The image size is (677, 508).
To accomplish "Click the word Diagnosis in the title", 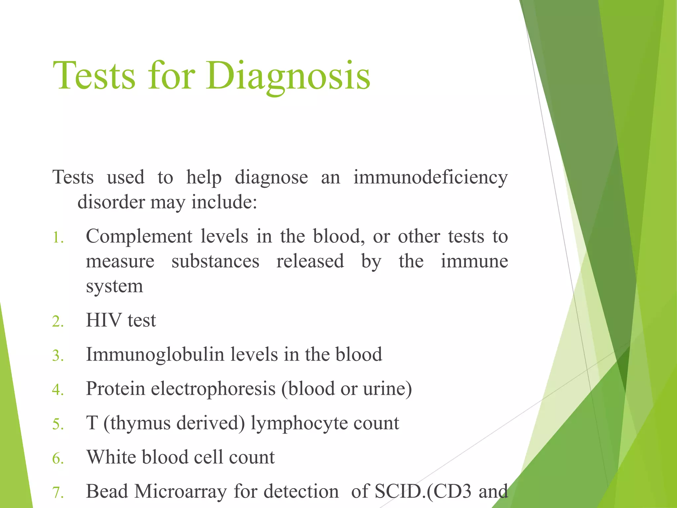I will (288, 76).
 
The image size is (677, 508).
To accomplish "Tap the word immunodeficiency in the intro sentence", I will (430, 178).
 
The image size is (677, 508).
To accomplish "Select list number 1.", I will (58, 238).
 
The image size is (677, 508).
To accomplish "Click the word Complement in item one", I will (139, 237).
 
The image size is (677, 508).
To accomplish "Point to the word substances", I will (215, 261).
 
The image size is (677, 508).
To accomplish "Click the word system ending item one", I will (114, 286).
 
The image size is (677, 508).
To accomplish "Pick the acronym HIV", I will (103, 320).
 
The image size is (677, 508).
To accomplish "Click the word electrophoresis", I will (213, 389).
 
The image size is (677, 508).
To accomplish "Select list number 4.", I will (58, 390).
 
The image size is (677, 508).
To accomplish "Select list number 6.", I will (58, 459).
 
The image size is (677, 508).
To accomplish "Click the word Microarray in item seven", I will (180, 491).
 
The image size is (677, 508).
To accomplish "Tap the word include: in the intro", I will (224, 202).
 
